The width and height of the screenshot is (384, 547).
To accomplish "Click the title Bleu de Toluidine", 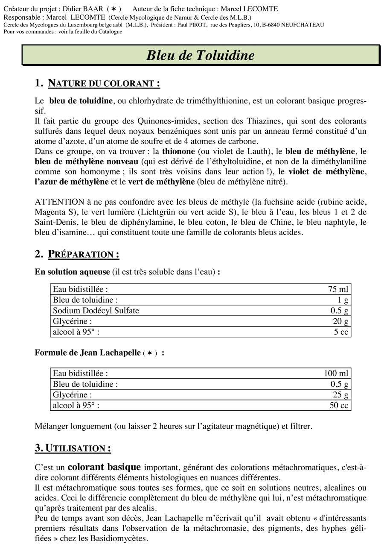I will [201, 56].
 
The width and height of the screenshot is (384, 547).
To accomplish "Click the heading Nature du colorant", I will [104, 83].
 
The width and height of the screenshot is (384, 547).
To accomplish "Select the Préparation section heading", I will [83, 254].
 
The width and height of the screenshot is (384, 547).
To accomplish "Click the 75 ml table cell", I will [338, 289].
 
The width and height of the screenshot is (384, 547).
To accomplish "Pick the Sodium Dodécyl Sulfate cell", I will [96, 311].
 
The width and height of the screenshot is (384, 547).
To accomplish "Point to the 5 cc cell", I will [341, 332].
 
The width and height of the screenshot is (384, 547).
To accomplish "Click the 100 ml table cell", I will [336, 373].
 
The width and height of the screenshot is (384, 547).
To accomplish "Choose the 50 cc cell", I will [339, 406].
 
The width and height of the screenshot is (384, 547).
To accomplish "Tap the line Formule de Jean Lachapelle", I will [87, 353].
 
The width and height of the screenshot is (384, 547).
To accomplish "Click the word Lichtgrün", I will [176, 212].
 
